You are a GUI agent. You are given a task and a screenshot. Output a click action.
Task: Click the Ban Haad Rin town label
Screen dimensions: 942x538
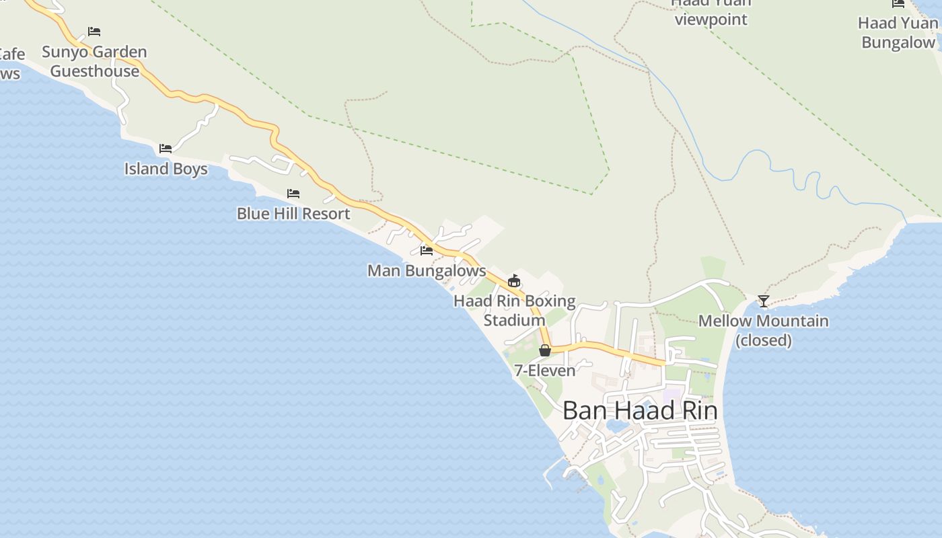pyautogui.click(x=639, y=410)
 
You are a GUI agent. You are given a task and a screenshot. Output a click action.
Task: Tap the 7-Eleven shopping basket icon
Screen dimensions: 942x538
pyautogui.click(x=545, y=350)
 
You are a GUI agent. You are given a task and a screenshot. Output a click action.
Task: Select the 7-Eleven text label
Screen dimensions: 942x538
pyautogui.click(x=545, y=371)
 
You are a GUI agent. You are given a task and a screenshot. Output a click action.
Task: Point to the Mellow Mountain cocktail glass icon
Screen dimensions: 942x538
pyautogui.click(x=763, y=301)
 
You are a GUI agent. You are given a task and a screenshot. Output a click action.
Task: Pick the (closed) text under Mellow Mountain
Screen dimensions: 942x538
pyautogui.click(x=763, y=340)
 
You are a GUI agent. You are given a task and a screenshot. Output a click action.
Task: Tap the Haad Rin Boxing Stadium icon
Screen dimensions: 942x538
pyautogui.click(x=514, y=280)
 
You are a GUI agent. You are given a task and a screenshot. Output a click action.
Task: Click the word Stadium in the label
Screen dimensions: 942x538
pyautogui.click(x=514, y=320)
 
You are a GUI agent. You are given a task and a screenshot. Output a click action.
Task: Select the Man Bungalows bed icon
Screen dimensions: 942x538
pyautogui.click(x=427, y=251)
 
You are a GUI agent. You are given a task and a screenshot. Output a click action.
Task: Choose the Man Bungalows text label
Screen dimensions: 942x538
pyautogui.click(x=427, y=271)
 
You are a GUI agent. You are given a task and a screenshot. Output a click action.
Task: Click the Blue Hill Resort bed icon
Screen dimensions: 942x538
pyautogui.click(x=293, y=194)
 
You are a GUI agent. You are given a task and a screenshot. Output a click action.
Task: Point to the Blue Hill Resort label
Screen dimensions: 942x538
pyautogui.click(x=293, y=214)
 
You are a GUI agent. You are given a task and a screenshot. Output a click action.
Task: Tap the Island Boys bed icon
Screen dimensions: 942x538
pyautogui.click(x=166, y=149)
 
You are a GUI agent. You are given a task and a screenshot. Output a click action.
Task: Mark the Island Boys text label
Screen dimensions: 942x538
pyautogui.click(x=166, y=169)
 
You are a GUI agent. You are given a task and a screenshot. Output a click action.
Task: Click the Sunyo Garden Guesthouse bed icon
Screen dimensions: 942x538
pyautogui.click(x=94, y=32)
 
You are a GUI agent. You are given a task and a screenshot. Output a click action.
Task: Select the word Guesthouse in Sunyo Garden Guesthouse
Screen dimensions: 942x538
pyautogui.click(x=94, y=71)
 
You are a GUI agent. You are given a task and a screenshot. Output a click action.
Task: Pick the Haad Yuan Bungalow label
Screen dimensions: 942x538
pyautogui.click(x=898, y=33)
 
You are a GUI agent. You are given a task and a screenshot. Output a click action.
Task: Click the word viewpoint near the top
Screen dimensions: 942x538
pyautogui.click(x=711, y=20)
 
